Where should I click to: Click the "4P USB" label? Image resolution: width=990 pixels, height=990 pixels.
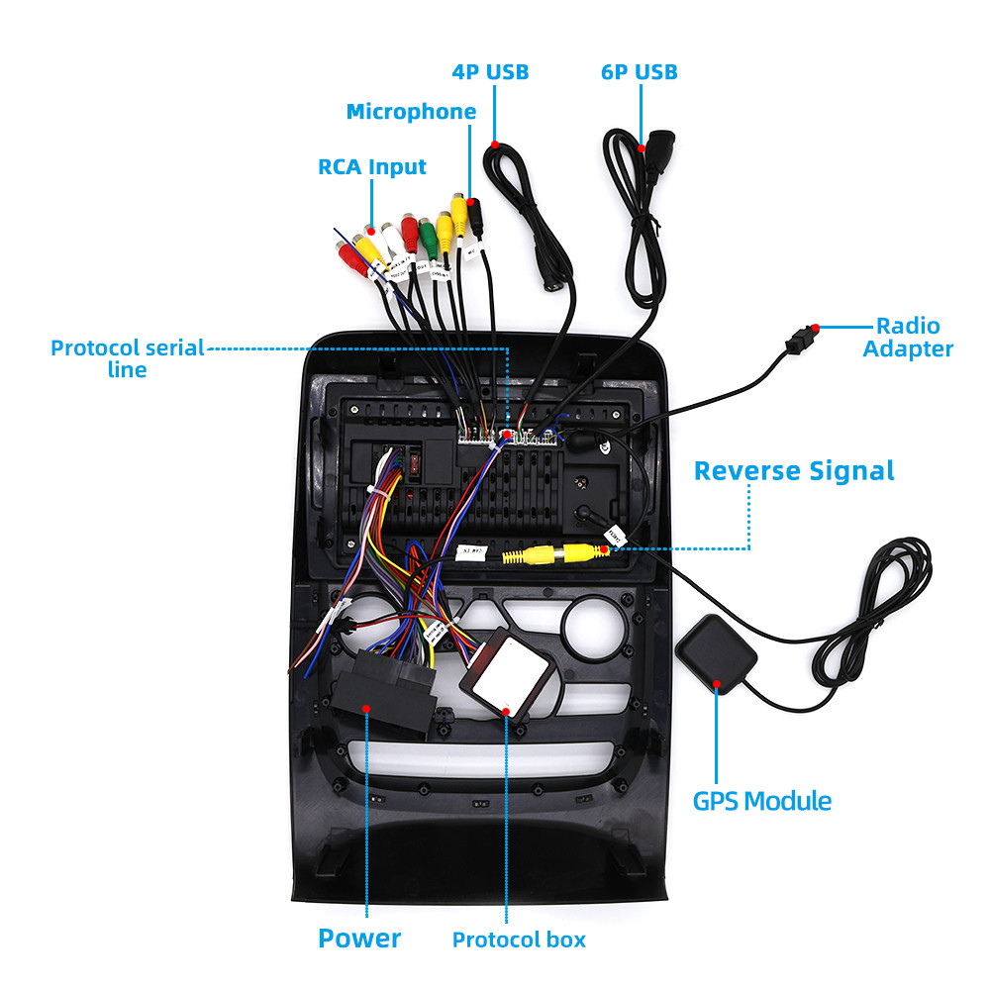coord(490,72)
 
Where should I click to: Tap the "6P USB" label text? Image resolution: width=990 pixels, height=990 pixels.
coord(640,72)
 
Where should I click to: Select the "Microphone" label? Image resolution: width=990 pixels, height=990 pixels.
coord(411,112)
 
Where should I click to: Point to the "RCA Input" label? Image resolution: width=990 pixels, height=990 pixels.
coord(372,166)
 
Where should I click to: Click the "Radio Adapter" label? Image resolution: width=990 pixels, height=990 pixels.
coord(908,337)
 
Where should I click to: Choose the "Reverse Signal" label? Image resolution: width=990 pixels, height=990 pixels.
coord(794,470)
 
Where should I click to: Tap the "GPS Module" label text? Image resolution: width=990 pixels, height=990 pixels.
coord(761,801)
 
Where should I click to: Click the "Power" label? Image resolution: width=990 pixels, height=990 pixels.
coord(359,939)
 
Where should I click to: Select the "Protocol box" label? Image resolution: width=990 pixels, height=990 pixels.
coord(519,940)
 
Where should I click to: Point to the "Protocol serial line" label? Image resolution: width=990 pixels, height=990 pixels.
coord(128,358)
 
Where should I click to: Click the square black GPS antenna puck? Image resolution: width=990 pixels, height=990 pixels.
coord(716,654)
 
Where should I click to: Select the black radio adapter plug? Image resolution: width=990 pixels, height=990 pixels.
coord(798,340)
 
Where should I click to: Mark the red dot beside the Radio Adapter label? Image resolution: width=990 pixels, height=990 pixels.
coord(815,328)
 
